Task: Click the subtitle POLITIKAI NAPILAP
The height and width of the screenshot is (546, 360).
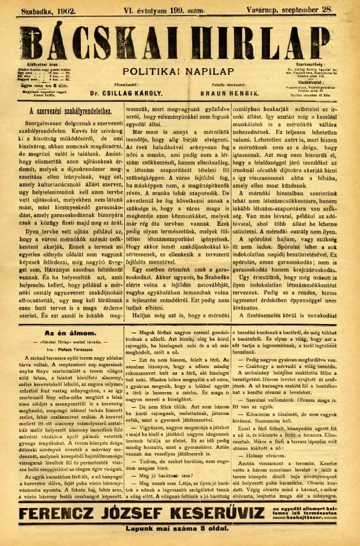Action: click(180, 69)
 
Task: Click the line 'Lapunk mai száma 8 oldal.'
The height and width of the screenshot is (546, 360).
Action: click(180, 533)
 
